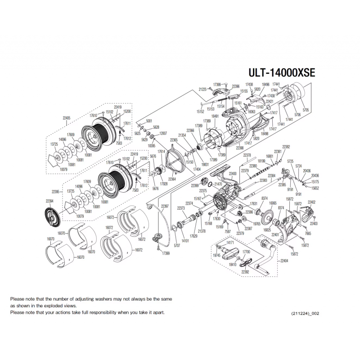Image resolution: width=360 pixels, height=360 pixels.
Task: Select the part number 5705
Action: tap(306, 109)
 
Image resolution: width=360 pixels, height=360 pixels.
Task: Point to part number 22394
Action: tap(49, 202)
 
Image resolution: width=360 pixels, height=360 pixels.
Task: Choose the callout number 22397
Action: tap(165, 206)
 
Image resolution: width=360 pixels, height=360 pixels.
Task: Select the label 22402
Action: tap(311, 202)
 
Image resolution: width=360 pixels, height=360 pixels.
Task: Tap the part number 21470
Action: tap(218, 184)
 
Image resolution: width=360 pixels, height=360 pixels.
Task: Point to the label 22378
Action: tap(247, 155)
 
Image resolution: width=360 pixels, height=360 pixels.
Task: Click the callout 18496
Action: tap(265, 84)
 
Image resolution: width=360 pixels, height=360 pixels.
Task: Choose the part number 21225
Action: tap(203, 89)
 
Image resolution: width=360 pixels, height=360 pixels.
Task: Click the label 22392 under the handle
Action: tap(245, 272)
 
